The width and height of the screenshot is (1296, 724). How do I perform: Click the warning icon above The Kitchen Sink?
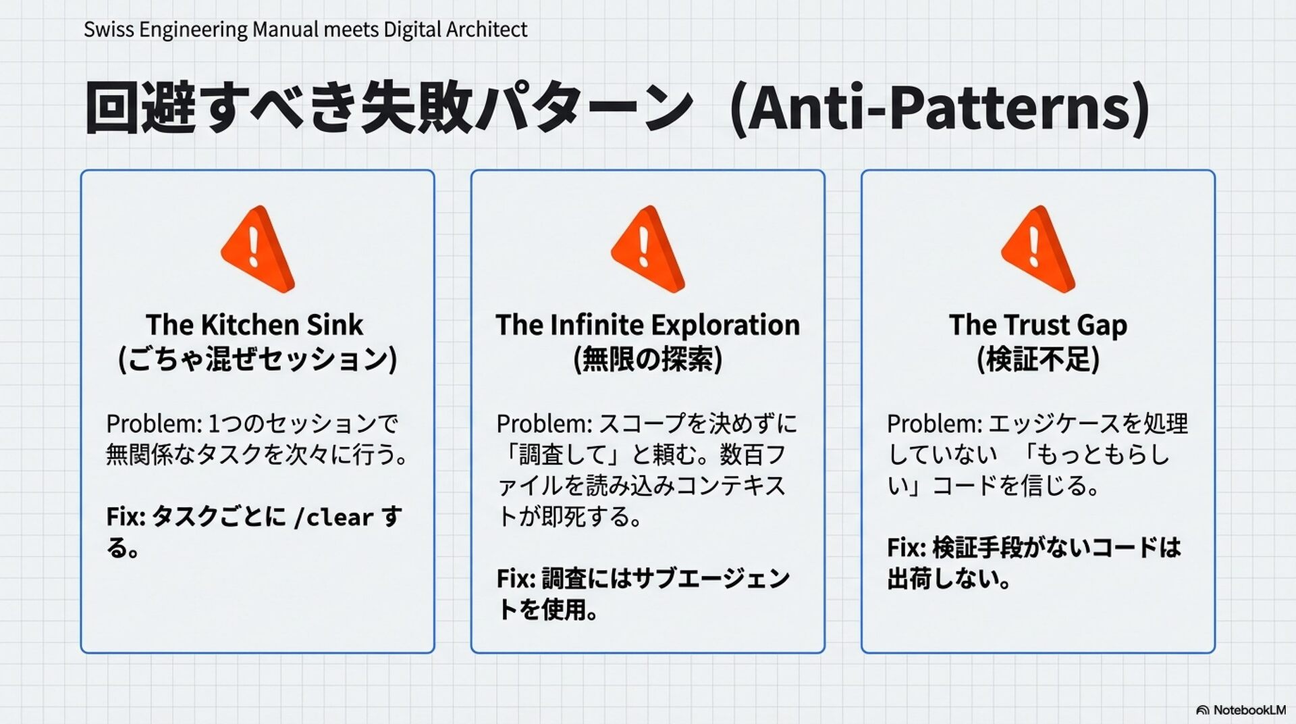coord(257,249)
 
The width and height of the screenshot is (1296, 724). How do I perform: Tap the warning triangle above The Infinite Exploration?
coord(647,249)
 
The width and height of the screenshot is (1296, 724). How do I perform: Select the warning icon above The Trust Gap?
coord(1037,249)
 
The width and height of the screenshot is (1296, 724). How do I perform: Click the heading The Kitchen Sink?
coord(254,325)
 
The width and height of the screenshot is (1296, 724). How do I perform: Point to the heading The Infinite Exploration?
coord(647,325)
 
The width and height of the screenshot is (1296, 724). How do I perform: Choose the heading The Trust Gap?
coord(1037,325)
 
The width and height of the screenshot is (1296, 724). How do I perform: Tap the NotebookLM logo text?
coord(1249,710)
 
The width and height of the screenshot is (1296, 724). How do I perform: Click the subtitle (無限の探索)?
coord(647,359)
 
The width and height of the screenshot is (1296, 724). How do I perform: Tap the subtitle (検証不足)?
coord(1037,359)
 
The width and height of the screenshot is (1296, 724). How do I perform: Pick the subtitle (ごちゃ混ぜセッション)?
coord(257,359)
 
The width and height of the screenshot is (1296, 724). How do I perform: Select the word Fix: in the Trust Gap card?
coord(906,548)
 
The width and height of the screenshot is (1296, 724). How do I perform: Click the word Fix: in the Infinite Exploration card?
coord(516,579)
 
